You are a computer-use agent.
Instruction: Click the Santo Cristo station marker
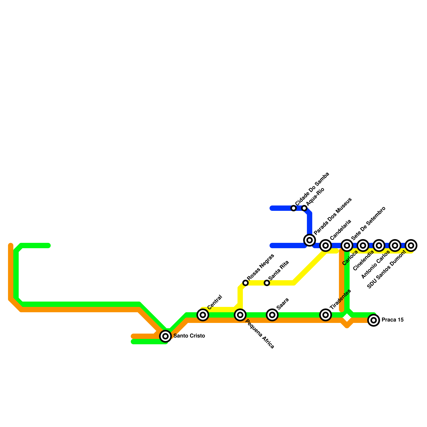tap(165, 336)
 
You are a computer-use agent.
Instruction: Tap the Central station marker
tap(203, 315)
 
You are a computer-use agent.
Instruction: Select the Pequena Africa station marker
tap(240, 315)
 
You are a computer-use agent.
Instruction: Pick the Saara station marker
tap(272, 315)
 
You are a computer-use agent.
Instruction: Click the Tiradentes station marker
tap(326, 315)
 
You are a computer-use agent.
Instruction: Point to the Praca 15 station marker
tap(374, 320)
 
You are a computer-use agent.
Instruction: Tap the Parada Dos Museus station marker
tap(310, 240)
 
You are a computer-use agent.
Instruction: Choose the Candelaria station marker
tap(326, 245)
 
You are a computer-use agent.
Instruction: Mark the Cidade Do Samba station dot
tap(294, 208)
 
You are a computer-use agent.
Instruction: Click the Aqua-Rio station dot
tap(304, 208)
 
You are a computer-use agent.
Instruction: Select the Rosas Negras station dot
tap(246, 283)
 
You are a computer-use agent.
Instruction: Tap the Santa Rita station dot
tap(267, 283)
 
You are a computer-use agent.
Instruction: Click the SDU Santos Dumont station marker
tap(411, 245)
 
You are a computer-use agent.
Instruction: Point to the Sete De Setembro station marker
tap(347, 245)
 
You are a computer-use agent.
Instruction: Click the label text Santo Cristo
tap(189, 336)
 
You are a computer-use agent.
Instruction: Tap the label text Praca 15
tap(392, 320)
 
